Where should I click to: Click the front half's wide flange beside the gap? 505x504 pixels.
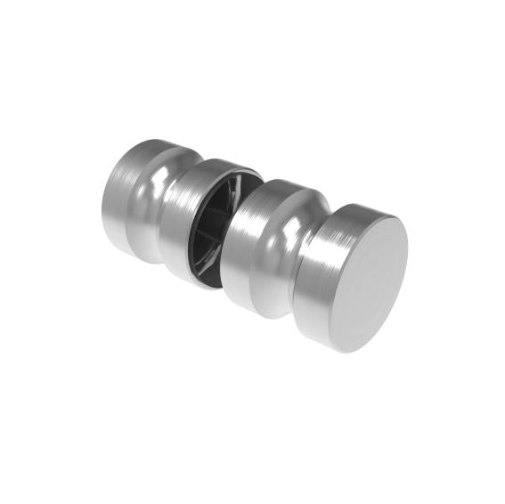(x=249, y=240)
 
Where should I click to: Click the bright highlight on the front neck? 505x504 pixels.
(x=285, y=227)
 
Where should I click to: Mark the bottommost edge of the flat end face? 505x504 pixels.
(x=347, y=347)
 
